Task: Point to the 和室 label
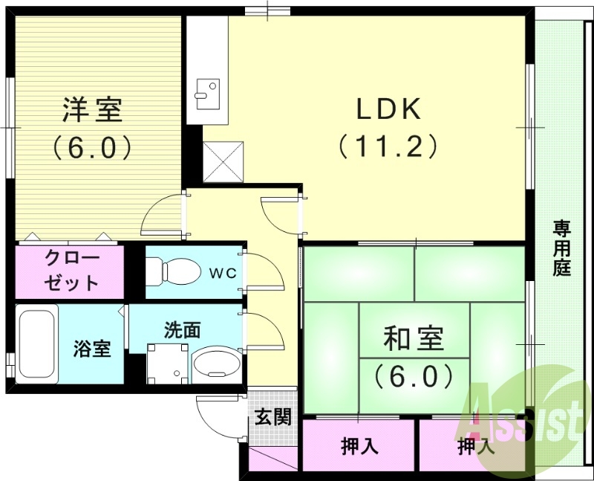click(414, 339)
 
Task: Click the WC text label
click(221, 273)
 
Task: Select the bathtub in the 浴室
click(37, 344)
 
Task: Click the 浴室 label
click(92, 348)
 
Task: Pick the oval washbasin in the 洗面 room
click(216, 365)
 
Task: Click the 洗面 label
click(182, 329)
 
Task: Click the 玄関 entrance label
click(273, 417)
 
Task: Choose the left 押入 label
click(360, 446)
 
